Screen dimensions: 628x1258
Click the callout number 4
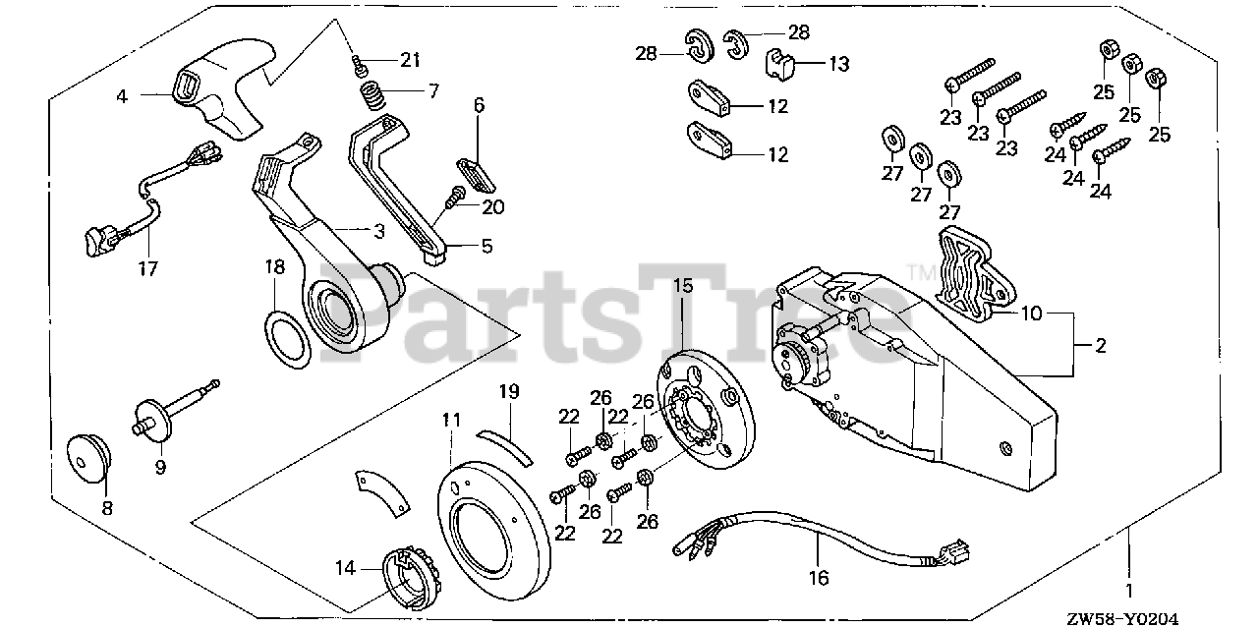click(122, 96)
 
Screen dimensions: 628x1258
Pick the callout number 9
click(160, 468)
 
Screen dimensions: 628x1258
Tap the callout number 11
click(450, 420)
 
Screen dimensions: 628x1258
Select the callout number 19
click(507, 391)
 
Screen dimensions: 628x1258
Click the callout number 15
click(682, 286)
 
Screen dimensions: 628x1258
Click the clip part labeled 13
click(781, 66)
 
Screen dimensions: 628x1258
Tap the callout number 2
click(1100, 345)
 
